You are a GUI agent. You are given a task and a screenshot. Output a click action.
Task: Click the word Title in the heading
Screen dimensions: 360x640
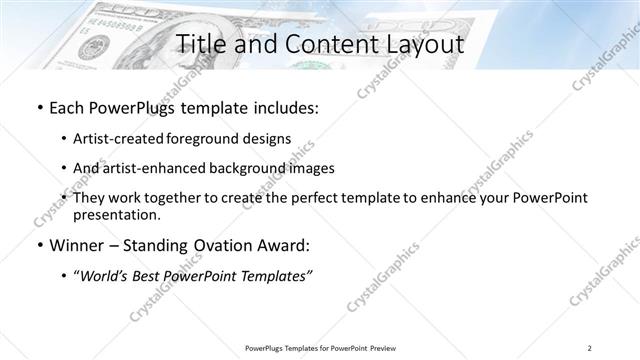[202, 45]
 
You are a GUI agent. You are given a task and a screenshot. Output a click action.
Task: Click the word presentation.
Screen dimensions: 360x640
[116, 215]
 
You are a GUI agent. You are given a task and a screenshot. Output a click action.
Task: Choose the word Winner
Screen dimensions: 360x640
[78, 245]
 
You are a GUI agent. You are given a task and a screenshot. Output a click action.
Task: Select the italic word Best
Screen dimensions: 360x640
[143, 276]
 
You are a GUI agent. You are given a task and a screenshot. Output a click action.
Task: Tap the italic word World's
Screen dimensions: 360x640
[105, 276]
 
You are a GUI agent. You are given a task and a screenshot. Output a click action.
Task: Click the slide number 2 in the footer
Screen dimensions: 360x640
[589, 347]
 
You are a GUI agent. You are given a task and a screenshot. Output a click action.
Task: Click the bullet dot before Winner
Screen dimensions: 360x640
[38, 246]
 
